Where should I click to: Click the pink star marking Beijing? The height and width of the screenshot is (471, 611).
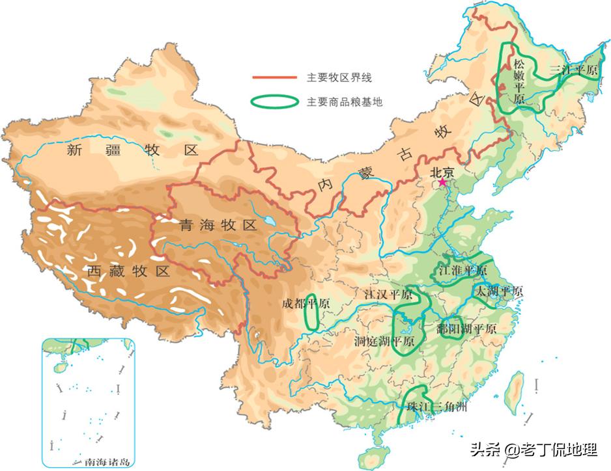[443, 183]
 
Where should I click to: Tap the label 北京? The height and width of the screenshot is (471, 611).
[442, 172]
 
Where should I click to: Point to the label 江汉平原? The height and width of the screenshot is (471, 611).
[388, 295]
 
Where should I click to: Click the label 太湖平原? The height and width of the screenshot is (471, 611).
[499, 291]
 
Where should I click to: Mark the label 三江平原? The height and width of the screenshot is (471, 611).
[573, 70]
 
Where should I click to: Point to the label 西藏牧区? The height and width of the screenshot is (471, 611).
[129, 270]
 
